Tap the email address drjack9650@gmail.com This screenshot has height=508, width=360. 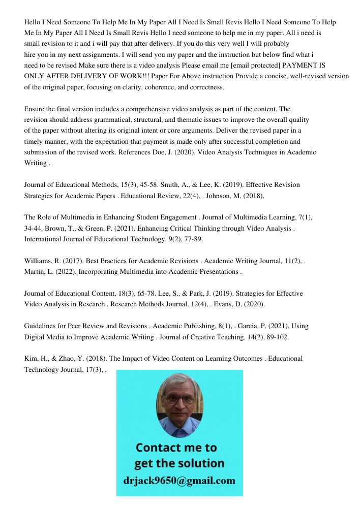coord(179,481)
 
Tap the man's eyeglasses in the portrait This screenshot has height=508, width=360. coord(179,400)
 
